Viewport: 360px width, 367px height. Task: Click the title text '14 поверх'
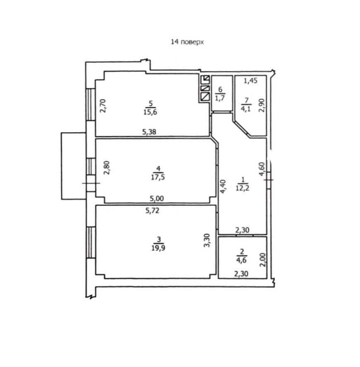pos(187,42)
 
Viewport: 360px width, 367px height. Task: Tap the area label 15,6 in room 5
pos(150,112)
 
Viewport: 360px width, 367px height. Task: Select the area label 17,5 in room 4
pos(158,177)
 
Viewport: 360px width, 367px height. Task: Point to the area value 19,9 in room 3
pos(158,248)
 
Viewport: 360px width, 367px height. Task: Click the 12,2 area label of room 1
pos(242,188)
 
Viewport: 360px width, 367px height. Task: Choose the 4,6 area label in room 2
pos(241,260)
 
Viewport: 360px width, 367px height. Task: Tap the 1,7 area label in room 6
pos(220,98)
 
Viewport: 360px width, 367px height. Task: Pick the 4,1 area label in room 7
pos(246,109)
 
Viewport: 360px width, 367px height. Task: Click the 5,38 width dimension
pos(149,132)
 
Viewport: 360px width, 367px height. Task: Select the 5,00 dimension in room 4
pos(157,199)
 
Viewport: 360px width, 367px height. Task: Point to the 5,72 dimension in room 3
pos(152,211)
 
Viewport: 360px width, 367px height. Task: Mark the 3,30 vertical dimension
pos(207,241)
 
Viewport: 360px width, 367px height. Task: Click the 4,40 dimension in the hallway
pos(223,186)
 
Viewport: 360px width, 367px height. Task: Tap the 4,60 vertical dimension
pos(262,169)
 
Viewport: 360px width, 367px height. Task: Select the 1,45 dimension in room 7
pos(250,81)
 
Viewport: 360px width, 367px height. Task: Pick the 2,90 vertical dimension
pos(262,105)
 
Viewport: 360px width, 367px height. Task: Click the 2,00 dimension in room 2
pos(263,260)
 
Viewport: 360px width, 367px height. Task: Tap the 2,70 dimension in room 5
pos(103,106)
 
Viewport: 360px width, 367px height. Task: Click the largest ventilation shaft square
pos(205,97)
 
